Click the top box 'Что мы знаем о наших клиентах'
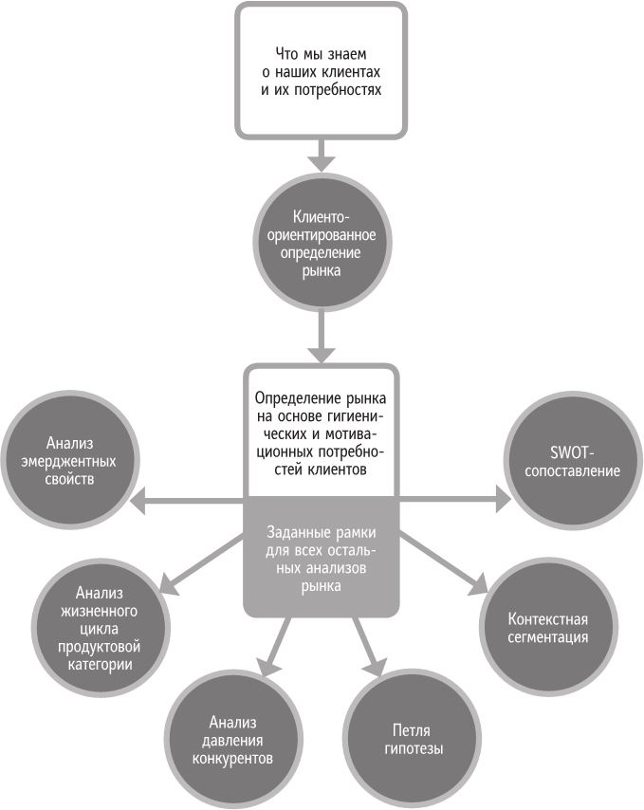pos(322,69)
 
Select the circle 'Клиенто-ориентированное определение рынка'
pos(322,243)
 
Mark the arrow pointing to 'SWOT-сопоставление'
pos(451,498)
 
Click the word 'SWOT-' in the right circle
pos(570,451)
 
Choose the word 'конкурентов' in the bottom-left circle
pos(232,759)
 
